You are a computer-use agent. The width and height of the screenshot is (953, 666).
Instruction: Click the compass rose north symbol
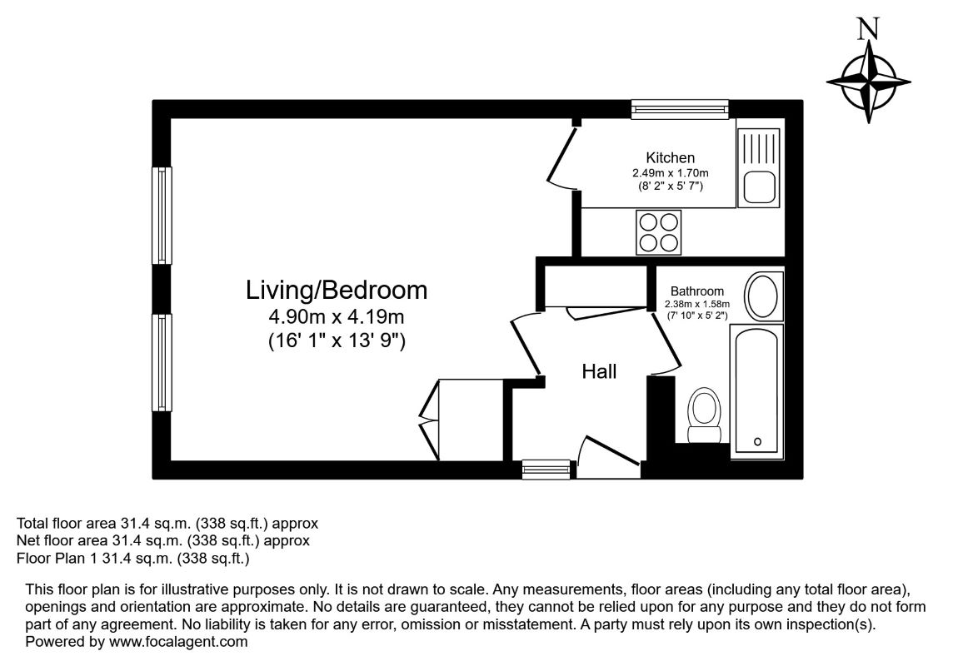coord(869,82)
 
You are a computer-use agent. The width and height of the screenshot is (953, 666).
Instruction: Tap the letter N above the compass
coord(869,29)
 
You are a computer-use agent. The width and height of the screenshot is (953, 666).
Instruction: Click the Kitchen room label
coord(670,158)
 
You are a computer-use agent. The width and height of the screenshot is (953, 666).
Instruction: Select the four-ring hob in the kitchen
coord(659,232)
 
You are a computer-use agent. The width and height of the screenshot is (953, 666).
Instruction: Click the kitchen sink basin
coord(759,187)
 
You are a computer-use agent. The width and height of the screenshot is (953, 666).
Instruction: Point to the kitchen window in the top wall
coord(680,109)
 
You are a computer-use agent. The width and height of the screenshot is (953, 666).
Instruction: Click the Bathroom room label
coord(697,291)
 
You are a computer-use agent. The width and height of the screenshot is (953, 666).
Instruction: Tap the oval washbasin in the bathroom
coord(764,296)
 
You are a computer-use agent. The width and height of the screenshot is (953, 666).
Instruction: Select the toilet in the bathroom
coord(705,415)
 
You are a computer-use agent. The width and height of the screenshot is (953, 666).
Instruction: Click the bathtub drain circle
coord(757,441)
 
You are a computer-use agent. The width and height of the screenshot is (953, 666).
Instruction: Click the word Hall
coord(599,371)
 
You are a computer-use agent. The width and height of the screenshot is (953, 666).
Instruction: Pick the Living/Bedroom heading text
coord(336,291)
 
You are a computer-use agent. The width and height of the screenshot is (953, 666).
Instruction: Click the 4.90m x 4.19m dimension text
coord(336,317)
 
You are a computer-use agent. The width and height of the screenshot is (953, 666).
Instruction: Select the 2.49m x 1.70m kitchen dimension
coord(671,174)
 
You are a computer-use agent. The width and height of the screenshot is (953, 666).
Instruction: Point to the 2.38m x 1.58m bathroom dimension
coord(697,305)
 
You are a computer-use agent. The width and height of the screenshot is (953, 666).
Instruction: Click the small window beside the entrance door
coord(546,470)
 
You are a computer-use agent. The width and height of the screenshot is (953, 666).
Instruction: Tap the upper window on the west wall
coord(162,216)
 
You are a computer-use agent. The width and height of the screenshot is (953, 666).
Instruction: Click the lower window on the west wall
coord(162,362)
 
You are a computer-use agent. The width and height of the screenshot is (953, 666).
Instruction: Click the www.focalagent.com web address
coord(178,642)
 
